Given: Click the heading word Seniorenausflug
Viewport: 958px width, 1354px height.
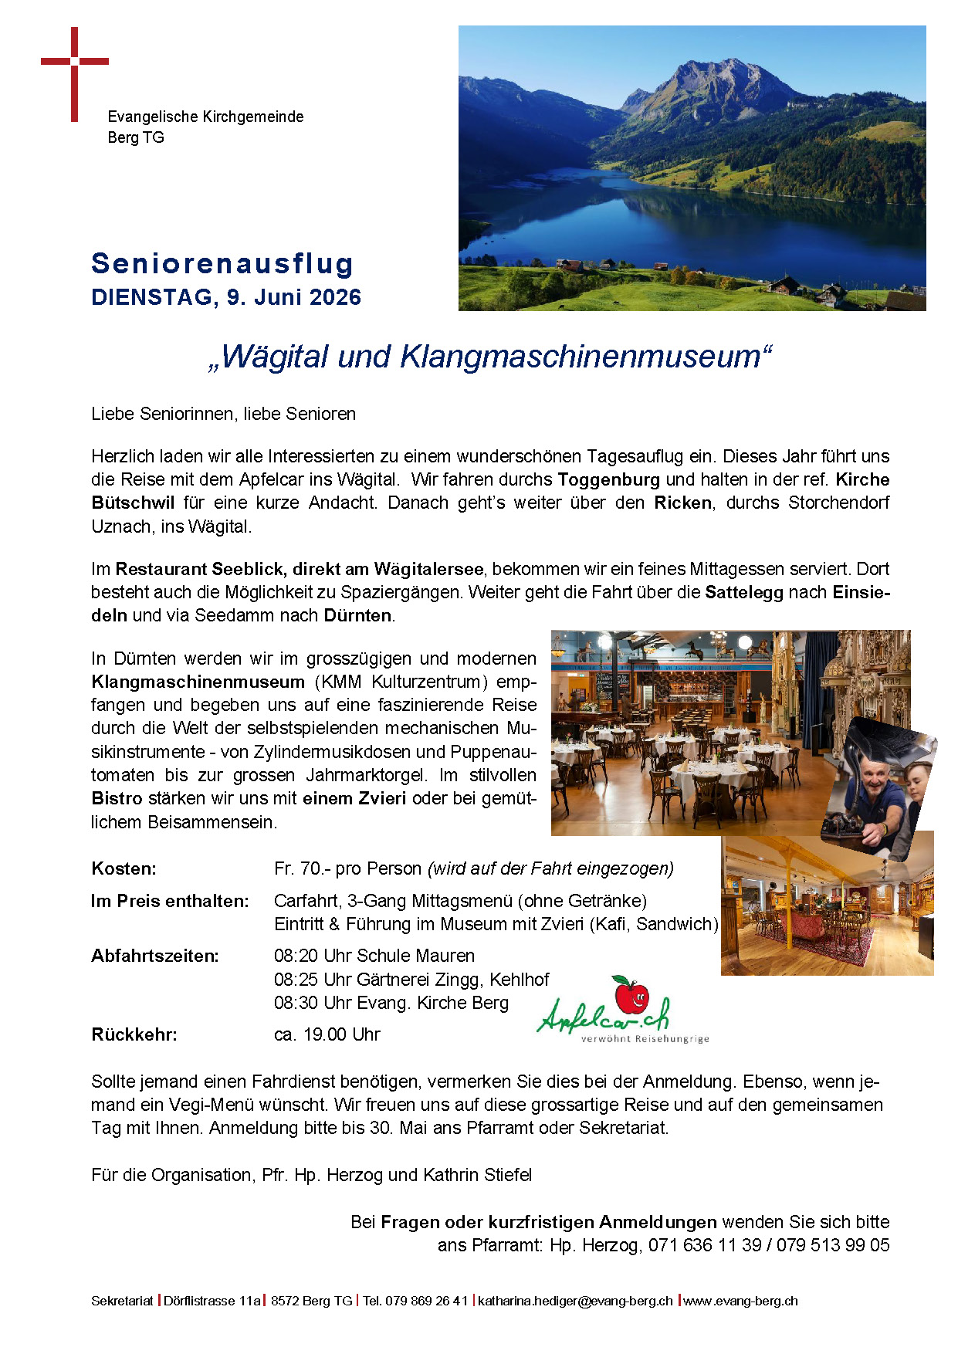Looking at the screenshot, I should click(222, 263).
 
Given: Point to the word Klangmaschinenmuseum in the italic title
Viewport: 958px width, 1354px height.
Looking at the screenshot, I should click(580, 357).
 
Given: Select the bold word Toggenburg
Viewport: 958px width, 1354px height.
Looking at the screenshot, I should click(608, 479).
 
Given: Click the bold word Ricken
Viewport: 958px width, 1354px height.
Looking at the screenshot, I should click(682, 503).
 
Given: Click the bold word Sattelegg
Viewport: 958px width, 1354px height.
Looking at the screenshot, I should click(743, 592).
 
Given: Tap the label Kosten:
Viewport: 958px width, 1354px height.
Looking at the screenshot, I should click(124, 868).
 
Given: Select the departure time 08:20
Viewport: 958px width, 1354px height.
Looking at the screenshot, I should click(296, 956).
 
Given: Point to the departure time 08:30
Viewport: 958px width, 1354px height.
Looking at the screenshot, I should click(296, 1003).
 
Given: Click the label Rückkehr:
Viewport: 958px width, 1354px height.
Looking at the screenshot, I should click(134, 1034).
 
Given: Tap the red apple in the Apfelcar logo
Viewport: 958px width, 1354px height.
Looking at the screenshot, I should click(631, 995).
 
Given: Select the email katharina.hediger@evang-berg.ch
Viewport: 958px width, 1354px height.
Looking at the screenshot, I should click(575, 1301).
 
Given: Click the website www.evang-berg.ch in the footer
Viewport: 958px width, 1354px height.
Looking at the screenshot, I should click(740, 1301).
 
